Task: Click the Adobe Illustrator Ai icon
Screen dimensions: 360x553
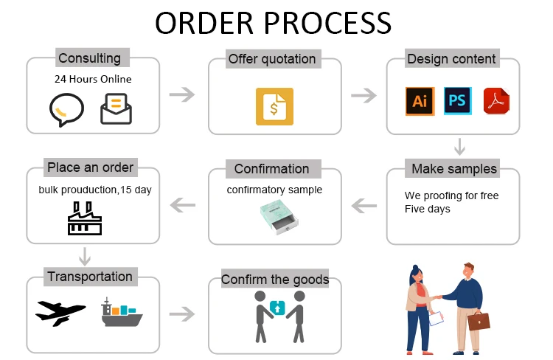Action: coord(420,101)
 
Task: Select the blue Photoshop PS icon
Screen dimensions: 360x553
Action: coord(457,100)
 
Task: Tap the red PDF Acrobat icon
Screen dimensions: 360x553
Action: coord(496,101)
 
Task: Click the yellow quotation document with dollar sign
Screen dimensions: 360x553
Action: coord(274,107)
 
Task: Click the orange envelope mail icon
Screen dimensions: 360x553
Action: coord(116,108)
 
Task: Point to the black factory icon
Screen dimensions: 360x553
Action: coord(85,218)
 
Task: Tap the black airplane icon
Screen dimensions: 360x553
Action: coord(60,313)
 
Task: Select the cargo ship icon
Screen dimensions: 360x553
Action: coord(121,313)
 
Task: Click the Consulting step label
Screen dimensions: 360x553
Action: coord(89,58)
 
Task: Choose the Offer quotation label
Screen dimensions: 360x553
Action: coord(271,59)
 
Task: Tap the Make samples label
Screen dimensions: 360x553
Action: coord(453,169)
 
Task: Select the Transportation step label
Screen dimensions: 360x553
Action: coord(90,277)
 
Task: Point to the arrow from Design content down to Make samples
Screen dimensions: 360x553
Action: coord(459,146)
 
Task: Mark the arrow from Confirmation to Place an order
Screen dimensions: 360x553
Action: coord(182,205)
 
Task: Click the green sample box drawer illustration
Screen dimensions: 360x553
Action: coord(274,217)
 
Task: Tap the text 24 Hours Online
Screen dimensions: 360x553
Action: coord(93,79)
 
